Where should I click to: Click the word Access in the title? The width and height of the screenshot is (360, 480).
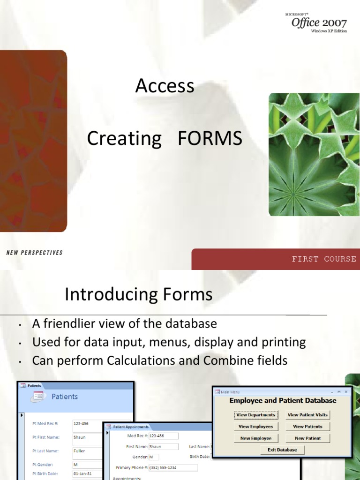[165, 86]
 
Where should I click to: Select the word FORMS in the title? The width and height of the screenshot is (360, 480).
[210, 139]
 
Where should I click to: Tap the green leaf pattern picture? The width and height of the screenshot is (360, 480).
[314, 154]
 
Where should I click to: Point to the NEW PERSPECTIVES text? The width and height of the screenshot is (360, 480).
[34, 253]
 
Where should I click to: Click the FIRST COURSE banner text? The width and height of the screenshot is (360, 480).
[323, 259]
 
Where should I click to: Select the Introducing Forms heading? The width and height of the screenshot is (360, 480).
[138, 295]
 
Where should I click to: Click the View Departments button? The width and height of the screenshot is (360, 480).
[255, 415]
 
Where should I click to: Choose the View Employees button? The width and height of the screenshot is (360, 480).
[255, 427]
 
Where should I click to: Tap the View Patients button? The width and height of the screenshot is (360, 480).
[307, 427]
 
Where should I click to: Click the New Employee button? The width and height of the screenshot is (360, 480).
[255, 438]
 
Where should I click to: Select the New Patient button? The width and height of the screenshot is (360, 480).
[307, 438]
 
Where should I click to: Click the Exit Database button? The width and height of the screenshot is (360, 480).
[282, 450]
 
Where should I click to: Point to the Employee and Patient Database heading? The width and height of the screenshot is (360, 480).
[283, 401]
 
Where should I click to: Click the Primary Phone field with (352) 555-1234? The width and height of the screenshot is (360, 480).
[172, 467]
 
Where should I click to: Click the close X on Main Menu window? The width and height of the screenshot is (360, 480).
[346, 391]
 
